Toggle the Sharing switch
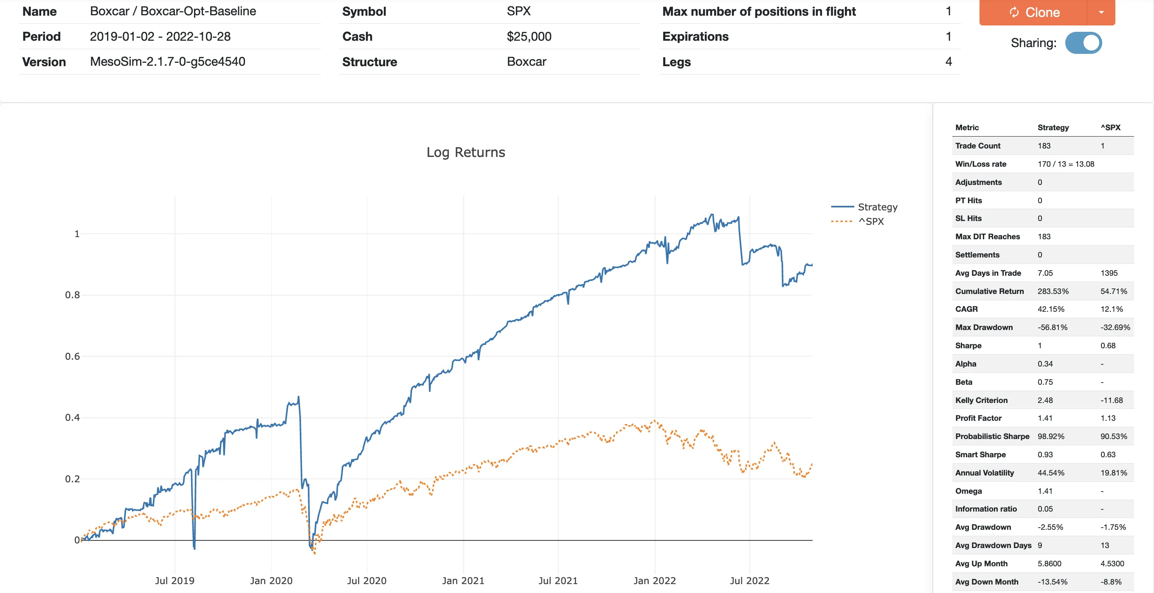pyautogui.click(x=1083, y=43)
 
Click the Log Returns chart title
pyautogui.click(x=465, y=152)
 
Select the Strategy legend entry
pyautogui.click(x=877, y=207)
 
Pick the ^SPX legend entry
pyautogui.click(x=870, y=221)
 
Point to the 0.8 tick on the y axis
pyautogui.click(x=72, y=295)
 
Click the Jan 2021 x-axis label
pyautogui.click(x=463, y=580)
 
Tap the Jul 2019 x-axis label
pyautogui.click(x=175, y=580)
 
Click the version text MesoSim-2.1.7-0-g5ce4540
pyautogui.click(x=168, y=62)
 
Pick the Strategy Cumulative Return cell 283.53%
pyautogui.click(x=1053, y=291)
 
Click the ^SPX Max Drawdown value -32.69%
pyautogui.click(x=1115, y=327)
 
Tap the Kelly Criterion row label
pyautogui.click(x=981, y=400)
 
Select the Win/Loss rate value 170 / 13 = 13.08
pyautogui.click(x=1066, y=164)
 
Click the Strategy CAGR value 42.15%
pyautogui.click(x=1050, y=309)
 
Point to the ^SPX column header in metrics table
pyautogui.click(x=1111, y=128)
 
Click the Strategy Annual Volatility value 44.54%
pyautogui.click(x=1050, y=473)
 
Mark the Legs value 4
pyautogui.click(x=949, y=62)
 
